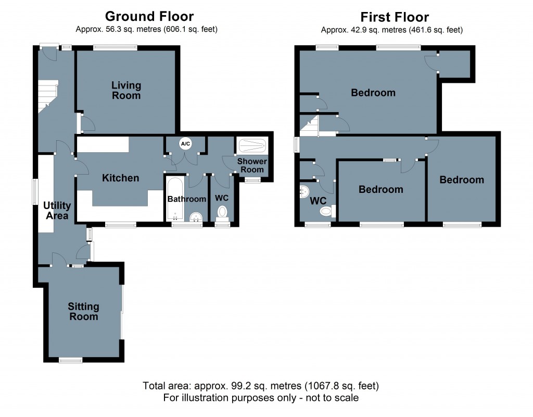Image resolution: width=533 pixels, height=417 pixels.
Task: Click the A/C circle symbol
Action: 185,144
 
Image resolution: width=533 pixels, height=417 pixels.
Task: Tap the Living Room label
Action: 126,90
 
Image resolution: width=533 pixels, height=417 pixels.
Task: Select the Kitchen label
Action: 121,178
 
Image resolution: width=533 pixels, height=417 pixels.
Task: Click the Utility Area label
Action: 57,211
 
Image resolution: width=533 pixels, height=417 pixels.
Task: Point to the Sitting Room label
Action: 84,312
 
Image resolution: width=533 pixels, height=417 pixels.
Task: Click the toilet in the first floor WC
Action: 327,211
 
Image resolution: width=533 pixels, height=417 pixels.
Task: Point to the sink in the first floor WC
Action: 304,191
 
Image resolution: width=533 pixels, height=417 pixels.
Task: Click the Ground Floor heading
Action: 149,16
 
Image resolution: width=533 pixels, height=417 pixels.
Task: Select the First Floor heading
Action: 395,17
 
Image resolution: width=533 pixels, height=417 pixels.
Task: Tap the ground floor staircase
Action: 47,96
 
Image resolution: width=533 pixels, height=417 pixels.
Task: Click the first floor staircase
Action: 309,126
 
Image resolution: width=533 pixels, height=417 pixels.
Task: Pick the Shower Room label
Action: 252,165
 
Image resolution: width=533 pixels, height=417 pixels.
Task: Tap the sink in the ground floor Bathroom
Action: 196,217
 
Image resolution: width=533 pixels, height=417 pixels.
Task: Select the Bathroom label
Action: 187,199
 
